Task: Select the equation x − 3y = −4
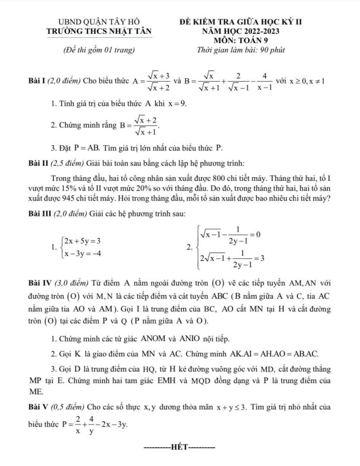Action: (x=84, y=253)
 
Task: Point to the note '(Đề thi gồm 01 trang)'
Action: (x=99, y=51)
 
